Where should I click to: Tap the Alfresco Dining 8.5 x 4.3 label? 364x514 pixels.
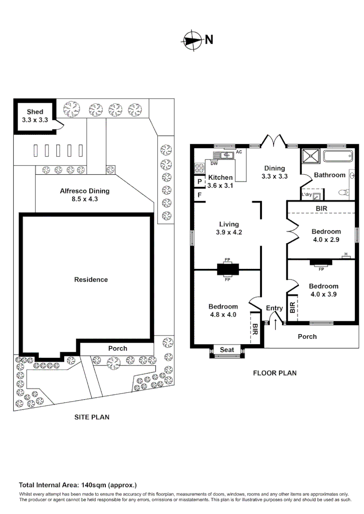[84, 195]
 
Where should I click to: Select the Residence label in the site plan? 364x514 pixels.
[91, 279]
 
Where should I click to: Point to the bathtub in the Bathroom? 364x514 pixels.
[338, 156]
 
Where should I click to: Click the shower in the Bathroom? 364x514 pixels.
[310, 157]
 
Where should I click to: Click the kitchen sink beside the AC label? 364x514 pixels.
[222, 155]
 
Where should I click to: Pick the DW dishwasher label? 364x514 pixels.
[214, 163]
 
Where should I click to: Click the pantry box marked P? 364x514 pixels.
[199, 181]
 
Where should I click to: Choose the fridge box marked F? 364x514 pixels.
[199, 195]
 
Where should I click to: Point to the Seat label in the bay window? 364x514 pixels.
[227, 350]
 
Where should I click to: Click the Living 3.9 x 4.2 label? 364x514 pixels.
[229, 228]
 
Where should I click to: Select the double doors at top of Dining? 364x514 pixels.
[273, 141]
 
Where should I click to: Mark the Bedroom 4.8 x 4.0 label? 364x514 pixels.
[223, 310]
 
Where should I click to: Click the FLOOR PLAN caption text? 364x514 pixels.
[274, 373]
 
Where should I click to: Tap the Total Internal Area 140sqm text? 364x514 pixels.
[78, 485]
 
